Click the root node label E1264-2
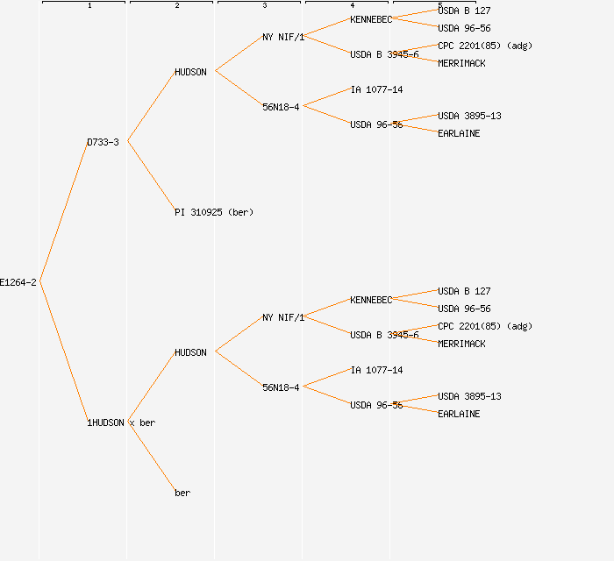tap(18, 282)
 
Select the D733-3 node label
tap(103, 142)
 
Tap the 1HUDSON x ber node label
tap(121, 423)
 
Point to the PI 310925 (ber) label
tap(213, 212)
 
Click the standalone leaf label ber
tap(182, 493)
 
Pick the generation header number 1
tap(89, 6)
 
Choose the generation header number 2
tap(176, 6)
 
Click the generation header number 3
tap(264, 6)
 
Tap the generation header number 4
tap(352, 6)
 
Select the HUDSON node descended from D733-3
tap(190, 72)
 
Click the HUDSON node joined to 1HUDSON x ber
tap(190, 352)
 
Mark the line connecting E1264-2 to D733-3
tap(63, 212)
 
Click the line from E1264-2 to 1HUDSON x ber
tap(63, 352)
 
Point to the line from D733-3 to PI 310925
tap(151, 176)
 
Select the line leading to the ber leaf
tap(151, 457)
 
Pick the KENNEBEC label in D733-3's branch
tap(370, 19)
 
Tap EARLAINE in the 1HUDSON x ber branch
tap(459, 414)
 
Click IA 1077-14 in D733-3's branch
tap(376, 89)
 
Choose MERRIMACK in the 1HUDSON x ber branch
tap(461, 344)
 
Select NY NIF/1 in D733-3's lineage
tap(282, 37)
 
